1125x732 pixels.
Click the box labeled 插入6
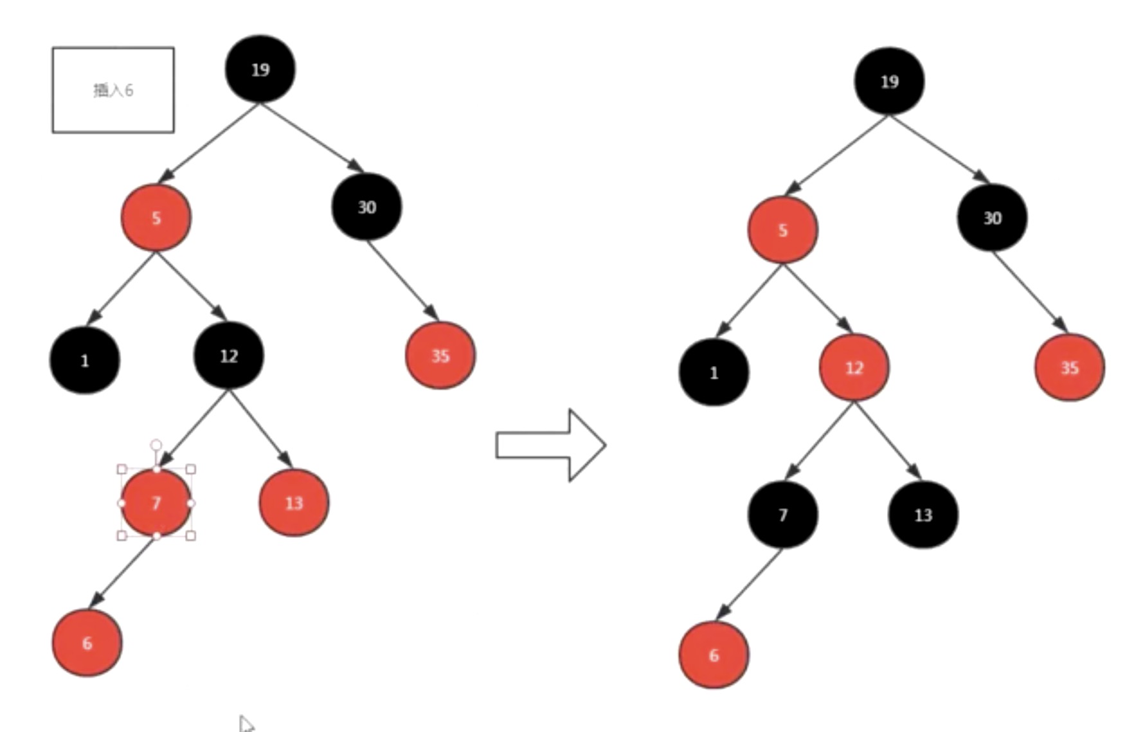pyautogui.click(x=113, y=90)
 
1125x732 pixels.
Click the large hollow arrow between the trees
pyautogui.click(x=551, y=445)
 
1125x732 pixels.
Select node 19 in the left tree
pyautogui.click(x=260, y=69)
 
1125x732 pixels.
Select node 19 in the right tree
pyautogui.click(x=889, y=81)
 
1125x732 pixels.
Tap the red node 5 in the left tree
pyautogui.click(x=156, y=218)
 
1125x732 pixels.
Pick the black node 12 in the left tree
pyautogui.click(x=229, y=356)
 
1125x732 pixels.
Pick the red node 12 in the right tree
pyautogui.click(x=854, y=368)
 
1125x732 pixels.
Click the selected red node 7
pyautogui.click(x=156, y=503)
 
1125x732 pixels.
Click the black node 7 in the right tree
pyautogui.click(x=782, y=515)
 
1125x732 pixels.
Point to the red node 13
pyautogui.click(x=294, y=503)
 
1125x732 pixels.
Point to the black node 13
pyautogui.click(x=923, y=515)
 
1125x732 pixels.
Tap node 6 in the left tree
pyautogui.click(x=87, y=643)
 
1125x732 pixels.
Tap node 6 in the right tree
pyautogui.click(x=714, y=655)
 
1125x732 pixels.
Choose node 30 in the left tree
pyautogui.click(x=366, y=207)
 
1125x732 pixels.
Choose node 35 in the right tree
pyautogui.click(x=1069, y=368)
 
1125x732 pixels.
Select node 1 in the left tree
pyautogui.click(x=85, y=360)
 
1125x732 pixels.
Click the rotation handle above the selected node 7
pyautogui.click(x=156, y=445)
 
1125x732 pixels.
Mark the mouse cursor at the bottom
pyautogui.click(x=246, y=723)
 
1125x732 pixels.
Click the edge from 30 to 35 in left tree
pyautogui.click(x=402, y=280)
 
